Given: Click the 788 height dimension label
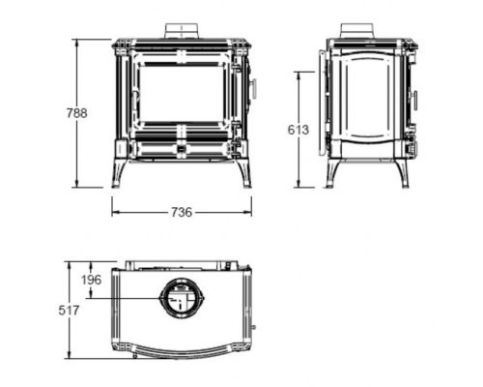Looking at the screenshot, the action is tap(77, 113).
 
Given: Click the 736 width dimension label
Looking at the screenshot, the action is tap(182, 212).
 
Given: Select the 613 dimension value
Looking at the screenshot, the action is tap(298, 130).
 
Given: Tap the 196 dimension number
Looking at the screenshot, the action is tap(91, 280).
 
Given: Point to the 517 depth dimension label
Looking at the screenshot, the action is tap(69, 311).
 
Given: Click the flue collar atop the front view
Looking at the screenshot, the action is tap(182, 31).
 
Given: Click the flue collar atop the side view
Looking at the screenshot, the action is tap(357, 31).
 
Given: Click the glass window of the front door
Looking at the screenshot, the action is tap(183, 94).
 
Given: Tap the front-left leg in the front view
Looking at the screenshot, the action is tap(119, 173).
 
